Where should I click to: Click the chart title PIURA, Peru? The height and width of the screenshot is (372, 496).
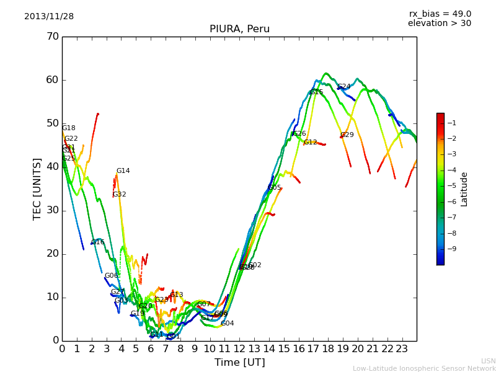(239, 29)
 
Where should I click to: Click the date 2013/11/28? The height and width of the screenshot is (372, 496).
(49, 17)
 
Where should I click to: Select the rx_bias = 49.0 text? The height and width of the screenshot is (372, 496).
(440, 14)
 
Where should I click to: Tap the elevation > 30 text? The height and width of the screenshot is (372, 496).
(439, 24)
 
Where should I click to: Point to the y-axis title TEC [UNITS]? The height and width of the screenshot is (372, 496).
(37, 188)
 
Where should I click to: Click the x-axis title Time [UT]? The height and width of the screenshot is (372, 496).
(239, 363)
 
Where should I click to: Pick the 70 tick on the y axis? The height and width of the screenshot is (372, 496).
(52, 37)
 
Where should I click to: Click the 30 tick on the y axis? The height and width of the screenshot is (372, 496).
(52, 210)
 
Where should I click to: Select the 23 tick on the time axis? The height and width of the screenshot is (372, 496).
(402, 348)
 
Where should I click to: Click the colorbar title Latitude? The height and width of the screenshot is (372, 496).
(464, 189)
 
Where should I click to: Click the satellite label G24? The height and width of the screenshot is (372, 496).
(344, 87)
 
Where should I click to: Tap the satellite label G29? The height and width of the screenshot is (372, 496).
(347, 135)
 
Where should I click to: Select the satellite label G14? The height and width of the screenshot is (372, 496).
(123, 171)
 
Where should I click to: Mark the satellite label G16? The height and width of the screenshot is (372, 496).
(98, 242)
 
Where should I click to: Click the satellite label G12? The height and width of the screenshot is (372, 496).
(311, 143)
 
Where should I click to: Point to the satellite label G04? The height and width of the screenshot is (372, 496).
(228, 324)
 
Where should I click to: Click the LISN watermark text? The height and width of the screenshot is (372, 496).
(488, 361)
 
